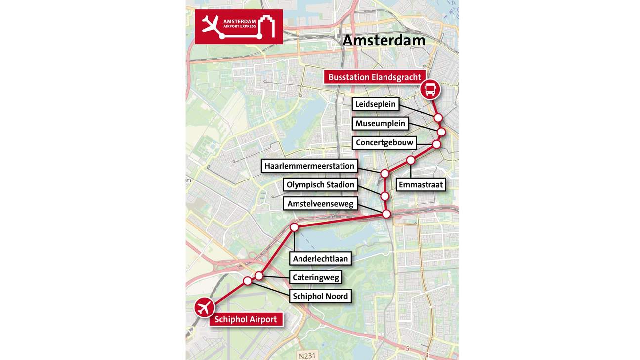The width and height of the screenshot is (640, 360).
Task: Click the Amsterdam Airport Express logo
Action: coord(239,26)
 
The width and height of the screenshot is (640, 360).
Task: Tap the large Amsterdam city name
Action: coord(384,40)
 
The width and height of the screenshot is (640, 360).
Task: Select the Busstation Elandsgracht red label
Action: coord(375,77)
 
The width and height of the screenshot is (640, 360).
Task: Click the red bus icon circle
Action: coord(430,90)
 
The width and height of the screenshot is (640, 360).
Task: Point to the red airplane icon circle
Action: coord(204,308)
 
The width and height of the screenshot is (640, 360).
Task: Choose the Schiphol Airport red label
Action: coord(246,319)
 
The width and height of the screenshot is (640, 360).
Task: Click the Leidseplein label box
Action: coord(376,104)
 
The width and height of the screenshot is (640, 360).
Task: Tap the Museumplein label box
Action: coord(381,124)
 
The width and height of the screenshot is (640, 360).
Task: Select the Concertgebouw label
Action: coord(384,143)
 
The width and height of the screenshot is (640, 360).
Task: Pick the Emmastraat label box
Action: coord(421,185)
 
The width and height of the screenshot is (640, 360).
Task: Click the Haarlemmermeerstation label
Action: coord(309,166)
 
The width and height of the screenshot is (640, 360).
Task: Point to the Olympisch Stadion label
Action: coord(320,185)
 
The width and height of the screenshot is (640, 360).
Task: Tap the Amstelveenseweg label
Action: coord(320,204)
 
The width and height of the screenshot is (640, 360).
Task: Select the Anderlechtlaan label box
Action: coord(320,258)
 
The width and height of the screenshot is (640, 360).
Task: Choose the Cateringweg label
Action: coord(316,277)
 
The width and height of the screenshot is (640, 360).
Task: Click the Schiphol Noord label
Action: coord(320,296)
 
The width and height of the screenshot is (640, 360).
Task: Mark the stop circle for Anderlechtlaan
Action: coord(294,227)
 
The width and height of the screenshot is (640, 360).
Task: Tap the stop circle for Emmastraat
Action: coord(411,160)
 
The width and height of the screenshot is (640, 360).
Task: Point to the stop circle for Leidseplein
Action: coord(438,118)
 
